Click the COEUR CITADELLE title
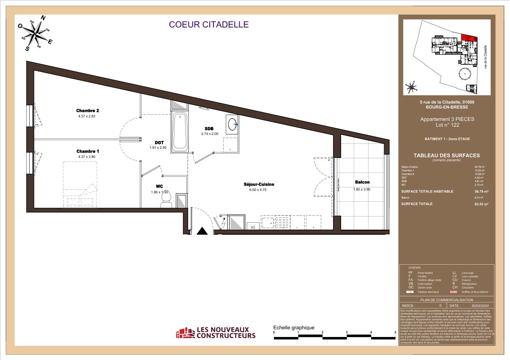209,24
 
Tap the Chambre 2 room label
88,111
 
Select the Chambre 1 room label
88,151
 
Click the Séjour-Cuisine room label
259,185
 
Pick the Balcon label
362,182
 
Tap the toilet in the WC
166,200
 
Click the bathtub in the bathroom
180,130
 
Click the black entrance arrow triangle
202,231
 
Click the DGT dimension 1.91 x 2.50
158,148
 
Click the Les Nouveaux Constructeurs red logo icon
185,333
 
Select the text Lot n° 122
447,125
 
